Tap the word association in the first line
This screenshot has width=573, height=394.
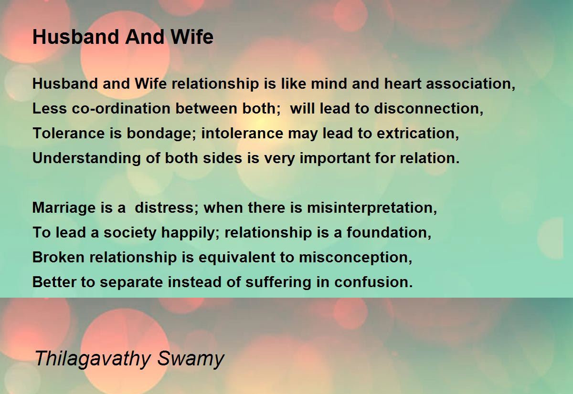470,84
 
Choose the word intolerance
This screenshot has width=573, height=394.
242,134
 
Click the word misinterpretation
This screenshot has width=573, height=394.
372,208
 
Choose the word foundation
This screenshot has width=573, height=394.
389,233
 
